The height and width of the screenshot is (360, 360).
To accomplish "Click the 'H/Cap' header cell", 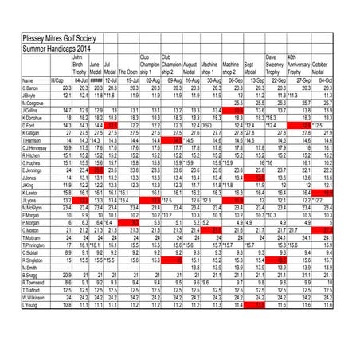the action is point(57,80).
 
